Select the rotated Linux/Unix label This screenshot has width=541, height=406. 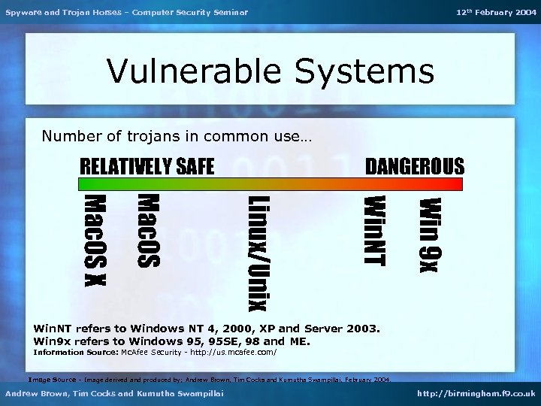click(x=258, y=252)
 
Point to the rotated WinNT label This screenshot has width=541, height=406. click(x=373, y=230)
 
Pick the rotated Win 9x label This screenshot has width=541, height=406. click(x=431, y=235)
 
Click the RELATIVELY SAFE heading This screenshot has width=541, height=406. click(x=147, y=166)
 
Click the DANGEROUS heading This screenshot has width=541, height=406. click(x=414, y=166)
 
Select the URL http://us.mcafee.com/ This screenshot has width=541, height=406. click(x=234, y=352)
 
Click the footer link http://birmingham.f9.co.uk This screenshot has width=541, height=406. click(x=477, y=393)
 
